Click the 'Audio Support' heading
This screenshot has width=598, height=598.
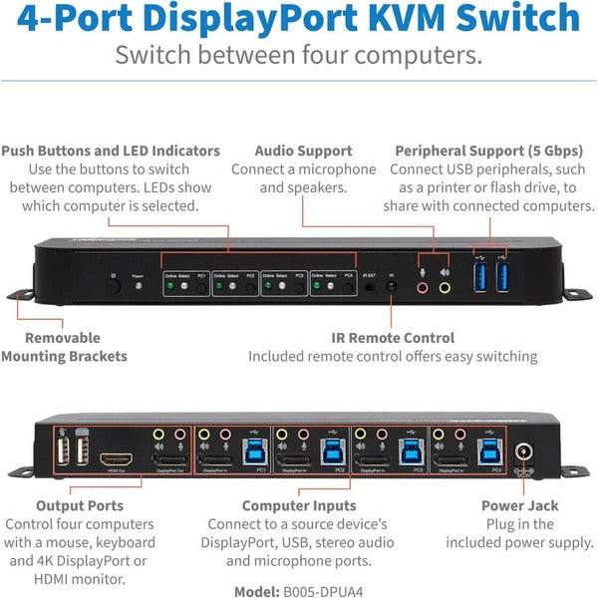(302, 150)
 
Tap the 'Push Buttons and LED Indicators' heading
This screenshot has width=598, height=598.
(111, 150)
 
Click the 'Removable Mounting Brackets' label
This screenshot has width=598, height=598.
(64, 347)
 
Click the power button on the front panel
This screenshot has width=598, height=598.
(113, 285)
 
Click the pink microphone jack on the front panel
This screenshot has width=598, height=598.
(424, 287)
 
